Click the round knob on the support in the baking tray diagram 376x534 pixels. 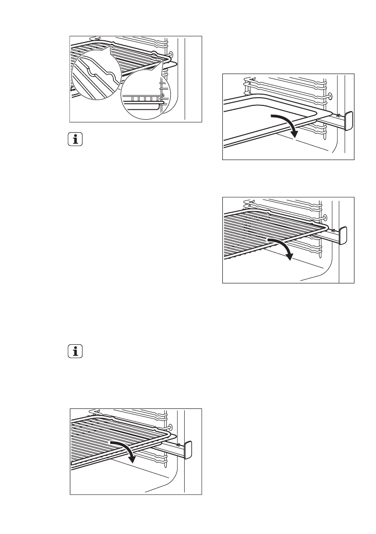pyautogui.click(x=330, y=96)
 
